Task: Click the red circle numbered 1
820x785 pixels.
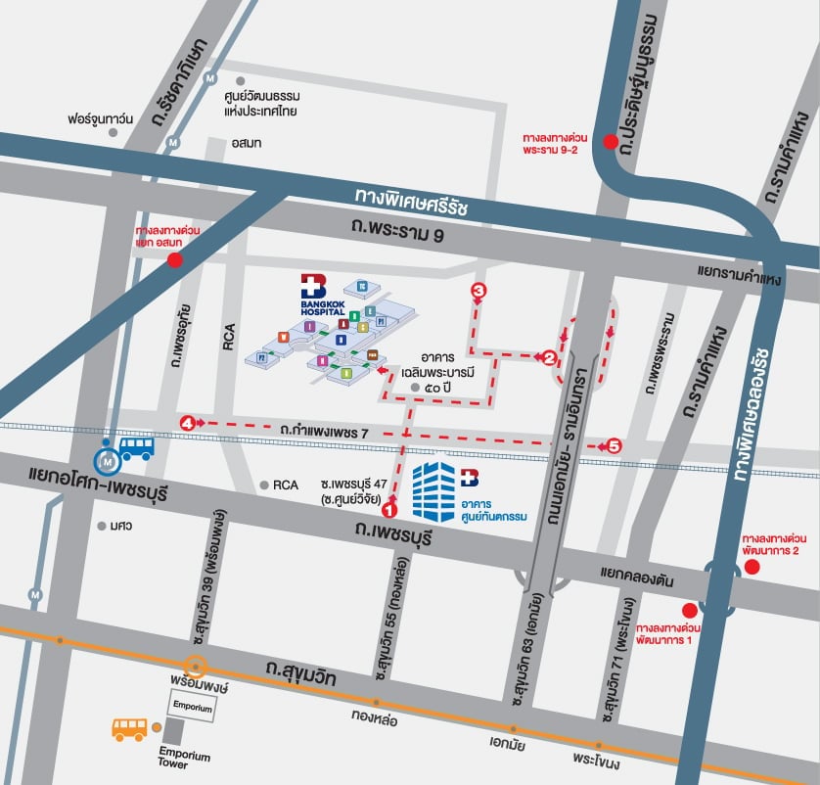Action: [389, 509]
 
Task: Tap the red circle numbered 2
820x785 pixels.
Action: [550, 358]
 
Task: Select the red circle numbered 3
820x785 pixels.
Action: [478, 291]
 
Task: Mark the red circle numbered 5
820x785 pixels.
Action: [614, 445]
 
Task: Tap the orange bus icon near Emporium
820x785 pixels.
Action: [129, 728]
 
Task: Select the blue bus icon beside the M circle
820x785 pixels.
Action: [136, 449]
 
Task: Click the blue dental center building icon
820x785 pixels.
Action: [433, 489]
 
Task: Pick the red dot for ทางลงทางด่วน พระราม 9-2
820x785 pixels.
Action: [611, 142]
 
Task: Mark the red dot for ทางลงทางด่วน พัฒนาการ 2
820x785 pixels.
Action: [752, 569]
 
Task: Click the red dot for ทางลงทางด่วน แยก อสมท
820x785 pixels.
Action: [175, 259]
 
